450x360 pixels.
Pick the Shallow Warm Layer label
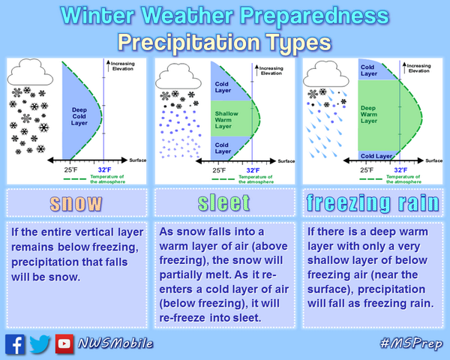click(226, 115)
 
